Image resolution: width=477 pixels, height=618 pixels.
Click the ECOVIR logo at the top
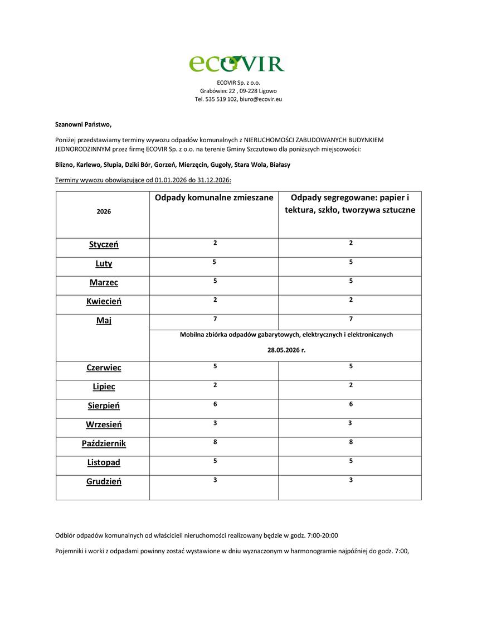click(237, 63)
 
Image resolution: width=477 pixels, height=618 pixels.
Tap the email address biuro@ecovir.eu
click(261, 99)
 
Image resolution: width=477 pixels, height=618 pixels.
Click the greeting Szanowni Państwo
click(83, 124)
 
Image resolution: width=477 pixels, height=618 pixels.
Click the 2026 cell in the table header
click(104, 212)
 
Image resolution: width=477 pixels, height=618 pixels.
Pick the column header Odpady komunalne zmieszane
click(214, 198)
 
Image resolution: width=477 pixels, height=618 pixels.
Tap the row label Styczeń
click(104, 245)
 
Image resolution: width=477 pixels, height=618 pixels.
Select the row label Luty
click(104, 264)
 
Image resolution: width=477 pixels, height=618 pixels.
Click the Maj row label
click(104, 321)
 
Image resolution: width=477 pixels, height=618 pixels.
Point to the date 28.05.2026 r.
click(286, 351)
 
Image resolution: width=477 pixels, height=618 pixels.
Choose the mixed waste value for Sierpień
click(215, 404)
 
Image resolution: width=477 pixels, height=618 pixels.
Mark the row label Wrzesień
click(104, 424)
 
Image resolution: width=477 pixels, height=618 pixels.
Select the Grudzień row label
click(104, 481)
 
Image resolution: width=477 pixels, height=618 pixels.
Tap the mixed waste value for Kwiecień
click(215, 300)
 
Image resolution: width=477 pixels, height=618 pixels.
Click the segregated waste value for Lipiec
click(351, 385)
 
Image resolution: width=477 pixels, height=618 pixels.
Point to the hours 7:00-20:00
click(323, 535)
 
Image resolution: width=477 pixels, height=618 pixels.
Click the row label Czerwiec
click(104, 368)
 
